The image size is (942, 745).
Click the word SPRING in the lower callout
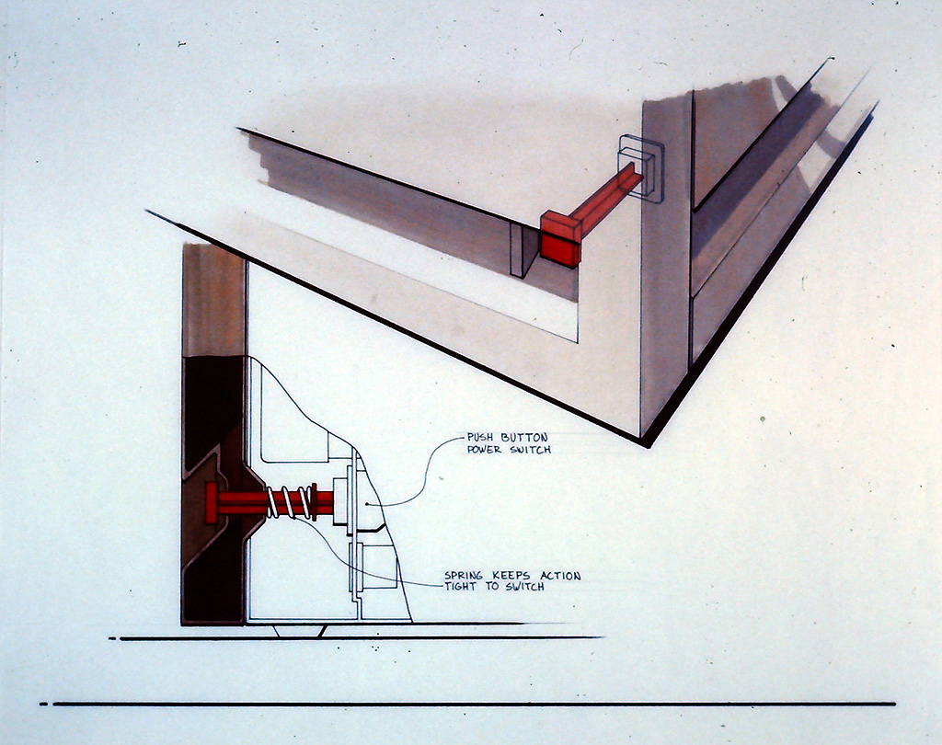[x=464, y=576]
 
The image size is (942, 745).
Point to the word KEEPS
[x=511, y=576]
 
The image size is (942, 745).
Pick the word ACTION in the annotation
[x=560, y=576]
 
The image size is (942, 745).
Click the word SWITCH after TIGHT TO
[x=524, y=587]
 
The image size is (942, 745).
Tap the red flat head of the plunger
[x=211, y=502]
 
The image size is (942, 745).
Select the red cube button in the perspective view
[x=561, y=238]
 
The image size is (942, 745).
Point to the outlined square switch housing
[x=641, y=167]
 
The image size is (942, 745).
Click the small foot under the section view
[x=299, y=631]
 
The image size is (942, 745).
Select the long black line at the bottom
[x=475, y=704]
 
